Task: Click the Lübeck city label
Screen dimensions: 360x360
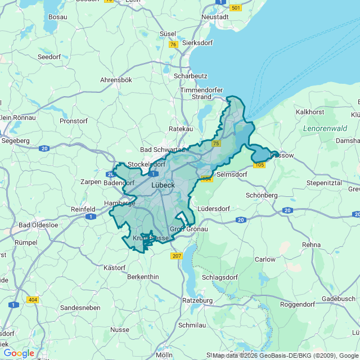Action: pos(163,184)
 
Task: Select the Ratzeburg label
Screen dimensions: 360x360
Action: pos(197,300)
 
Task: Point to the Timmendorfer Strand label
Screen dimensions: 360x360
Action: pos(202,93)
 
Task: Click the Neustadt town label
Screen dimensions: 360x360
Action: pos(215,17)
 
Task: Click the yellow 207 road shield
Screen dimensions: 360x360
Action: pos(177,256)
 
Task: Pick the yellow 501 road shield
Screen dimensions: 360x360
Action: pos(236,7)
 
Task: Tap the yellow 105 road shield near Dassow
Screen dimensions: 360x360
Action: pos(259,165)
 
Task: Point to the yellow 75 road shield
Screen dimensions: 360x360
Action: pos(216,144)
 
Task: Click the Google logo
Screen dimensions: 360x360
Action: pos(19,353)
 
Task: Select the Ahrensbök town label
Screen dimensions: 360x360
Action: pos(116,80)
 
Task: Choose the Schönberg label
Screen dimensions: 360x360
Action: pos(262,195)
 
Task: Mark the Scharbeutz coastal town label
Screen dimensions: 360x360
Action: pos(191,75)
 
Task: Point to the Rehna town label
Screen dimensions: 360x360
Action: pos(311,245)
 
